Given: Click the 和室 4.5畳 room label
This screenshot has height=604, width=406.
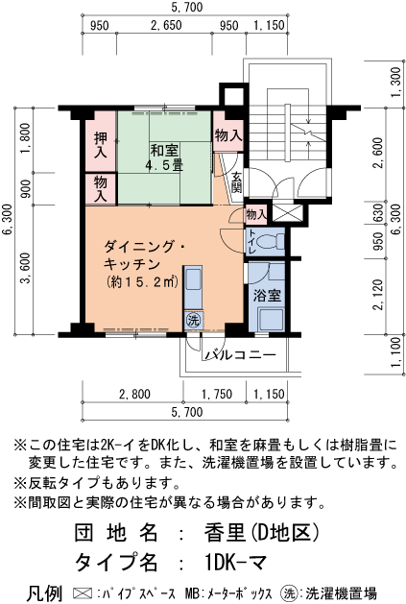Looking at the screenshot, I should point(165,157).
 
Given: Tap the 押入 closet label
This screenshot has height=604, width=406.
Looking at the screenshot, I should point(100,140).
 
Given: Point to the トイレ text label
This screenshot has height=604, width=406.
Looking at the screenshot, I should point(251,245).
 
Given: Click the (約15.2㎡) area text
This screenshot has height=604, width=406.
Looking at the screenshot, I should point(143,282).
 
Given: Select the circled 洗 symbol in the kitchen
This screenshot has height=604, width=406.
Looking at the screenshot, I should point(192,319).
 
